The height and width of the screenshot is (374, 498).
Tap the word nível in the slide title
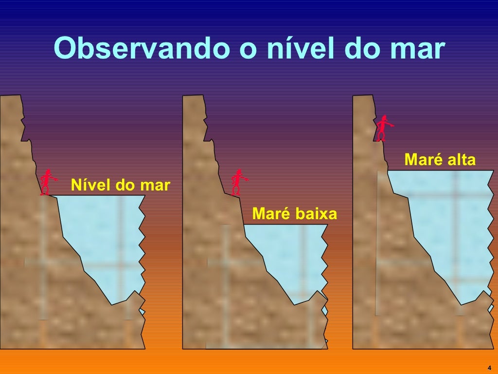292,49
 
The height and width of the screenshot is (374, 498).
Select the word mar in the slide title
419,49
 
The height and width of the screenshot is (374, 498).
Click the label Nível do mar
120,186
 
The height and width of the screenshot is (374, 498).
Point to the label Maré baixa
294,214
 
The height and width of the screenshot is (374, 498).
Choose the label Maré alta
440,160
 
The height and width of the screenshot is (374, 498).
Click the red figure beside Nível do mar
47,182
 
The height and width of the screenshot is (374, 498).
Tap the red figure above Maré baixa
237,182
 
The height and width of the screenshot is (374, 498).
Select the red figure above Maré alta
383,128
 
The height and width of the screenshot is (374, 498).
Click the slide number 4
489,367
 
